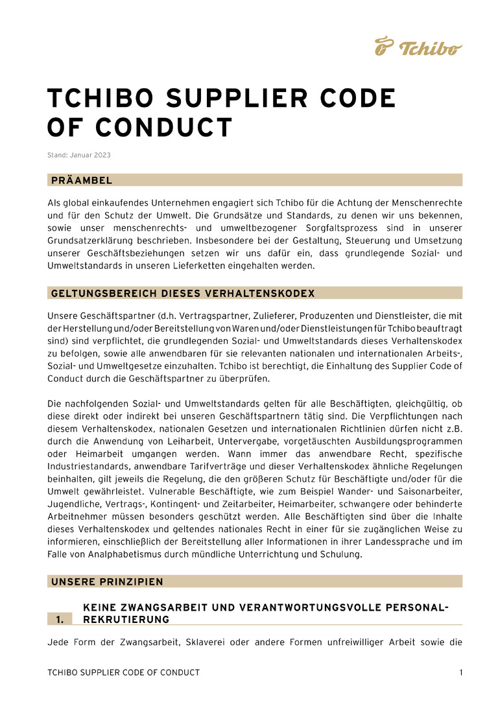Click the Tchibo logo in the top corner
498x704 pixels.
point(418,47)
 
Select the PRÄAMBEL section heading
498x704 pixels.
point(82,180)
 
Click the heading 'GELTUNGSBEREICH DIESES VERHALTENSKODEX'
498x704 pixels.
point(182,294)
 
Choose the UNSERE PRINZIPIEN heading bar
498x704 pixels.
point(107,581)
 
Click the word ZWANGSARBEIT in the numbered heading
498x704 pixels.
point(156,607)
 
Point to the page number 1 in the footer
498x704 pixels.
point(461,673)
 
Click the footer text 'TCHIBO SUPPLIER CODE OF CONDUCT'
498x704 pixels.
point(124,673)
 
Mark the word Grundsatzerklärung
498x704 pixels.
point(91,241)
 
